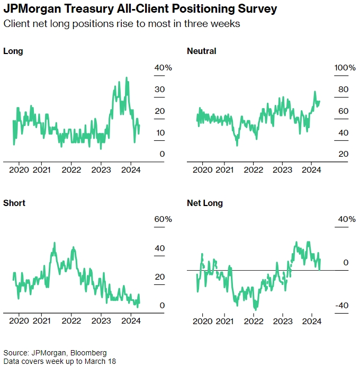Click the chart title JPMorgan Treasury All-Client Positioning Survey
(140, 10)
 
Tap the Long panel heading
(13, 51)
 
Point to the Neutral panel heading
(202, 51)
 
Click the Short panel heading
(14, 203)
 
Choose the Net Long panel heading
(205, 203)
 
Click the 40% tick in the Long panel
(163, 68)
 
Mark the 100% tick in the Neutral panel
(346, 68)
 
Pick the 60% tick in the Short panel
(163, 219)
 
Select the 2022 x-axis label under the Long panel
(71, 170)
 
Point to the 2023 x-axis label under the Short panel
(101, 322)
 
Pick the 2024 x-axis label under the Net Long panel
(312, 322)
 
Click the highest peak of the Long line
(126, 78)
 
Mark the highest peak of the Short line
(54, 243)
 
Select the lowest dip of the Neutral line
(237, 145)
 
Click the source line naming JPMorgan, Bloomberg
(55, 353)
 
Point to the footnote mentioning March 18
(59, 361)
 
